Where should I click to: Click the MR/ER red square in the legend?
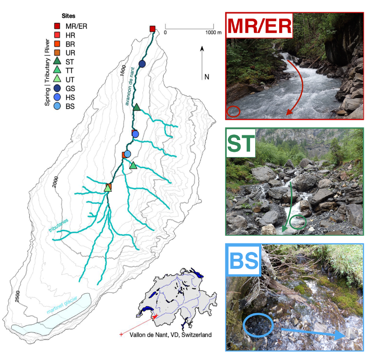click(57, 26)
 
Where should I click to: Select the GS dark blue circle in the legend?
click(57, 87)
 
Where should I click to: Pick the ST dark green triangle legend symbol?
click(57, 61)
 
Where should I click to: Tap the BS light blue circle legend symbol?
click(57, 105)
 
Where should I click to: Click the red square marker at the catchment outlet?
click(152, 29)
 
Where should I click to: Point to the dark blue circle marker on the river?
click(142, 63)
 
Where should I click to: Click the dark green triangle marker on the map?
click(136, 108)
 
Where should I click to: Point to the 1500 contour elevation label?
click(123, 70)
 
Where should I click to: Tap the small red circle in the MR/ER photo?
click(233, 112)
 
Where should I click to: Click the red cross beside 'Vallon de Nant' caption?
click(122, 335)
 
